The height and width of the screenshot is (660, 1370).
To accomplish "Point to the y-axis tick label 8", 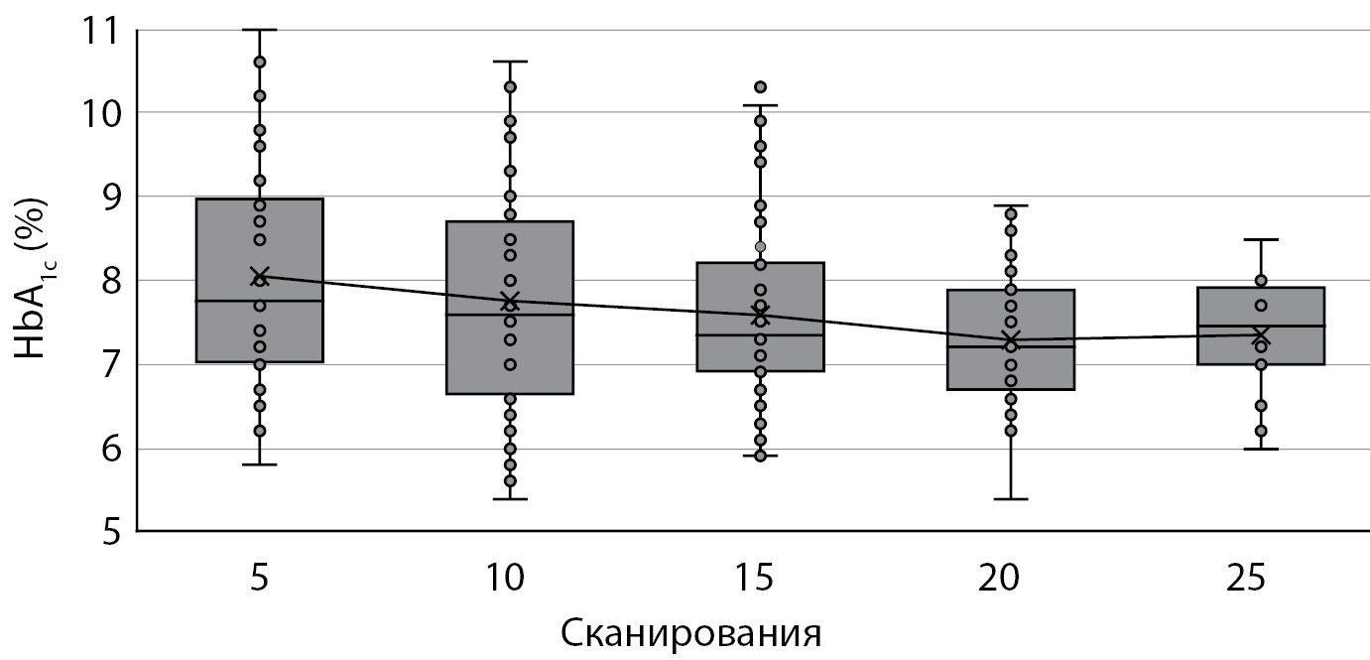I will (x=103, y=282).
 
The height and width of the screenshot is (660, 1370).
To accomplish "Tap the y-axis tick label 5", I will (x=103, y=532).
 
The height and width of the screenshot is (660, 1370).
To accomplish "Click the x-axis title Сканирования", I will (x=690, y=632).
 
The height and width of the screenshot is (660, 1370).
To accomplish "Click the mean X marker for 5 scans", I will (x=260, y=276).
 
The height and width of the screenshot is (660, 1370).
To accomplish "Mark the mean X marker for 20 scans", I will (x=1011, y=340).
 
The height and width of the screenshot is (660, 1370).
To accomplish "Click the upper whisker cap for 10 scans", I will (x=510, y=62).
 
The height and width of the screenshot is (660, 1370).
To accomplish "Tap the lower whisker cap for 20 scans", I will (x=1011, y=498).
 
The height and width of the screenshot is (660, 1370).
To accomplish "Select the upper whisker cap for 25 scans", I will (x=1261, y=239).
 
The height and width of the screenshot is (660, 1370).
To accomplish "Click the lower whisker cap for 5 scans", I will (x=260, y=464).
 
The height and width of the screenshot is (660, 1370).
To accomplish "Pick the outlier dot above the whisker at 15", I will (x=761, y=87).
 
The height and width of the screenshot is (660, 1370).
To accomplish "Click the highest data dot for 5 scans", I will (x=260, y=63).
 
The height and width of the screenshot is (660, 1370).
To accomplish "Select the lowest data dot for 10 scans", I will (x=510, y=481).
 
